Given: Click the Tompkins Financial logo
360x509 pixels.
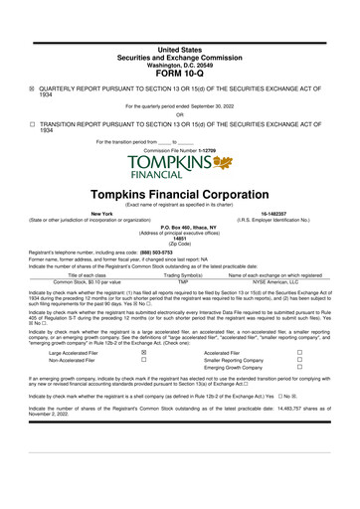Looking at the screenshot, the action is point(179,168).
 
